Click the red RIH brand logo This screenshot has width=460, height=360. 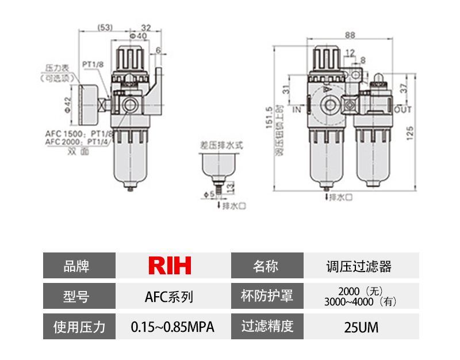coord(170,266)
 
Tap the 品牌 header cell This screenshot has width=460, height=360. coord(79,266)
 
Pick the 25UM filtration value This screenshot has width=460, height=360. coord(361,327)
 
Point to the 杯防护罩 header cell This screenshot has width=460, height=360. coord(267,296)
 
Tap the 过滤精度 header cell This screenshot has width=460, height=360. coord(267,327)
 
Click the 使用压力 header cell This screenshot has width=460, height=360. coord(79,327)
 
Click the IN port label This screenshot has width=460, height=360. coord(297,109)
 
